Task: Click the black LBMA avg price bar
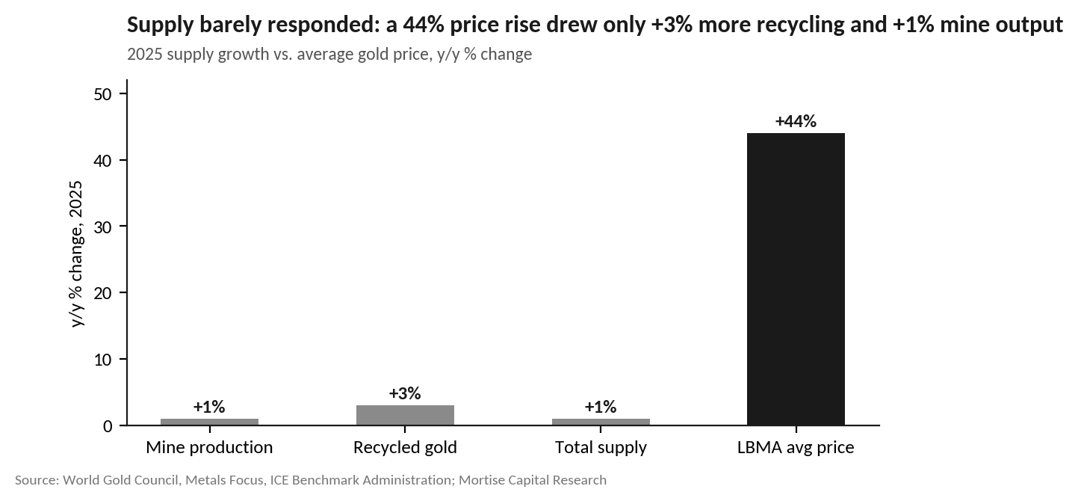pos(796,279)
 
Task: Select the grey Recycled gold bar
pos(405,415)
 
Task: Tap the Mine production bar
pos(209,422)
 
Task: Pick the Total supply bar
pos(601,422)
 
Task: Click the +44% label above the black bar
pos(796,121)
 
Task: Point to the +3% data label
pos(405,393)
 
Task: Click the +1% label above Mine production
pos(209,407)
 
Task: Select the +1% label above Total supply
pos(601,407)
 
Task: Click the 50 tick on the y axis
pos(102,94)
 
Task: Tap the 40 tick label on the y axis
pos(102,161)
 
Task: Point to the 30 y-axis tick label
pos(102,227)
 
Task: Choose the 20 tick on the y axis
pos(102,293)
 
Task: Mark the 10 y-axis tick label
pos(102,360)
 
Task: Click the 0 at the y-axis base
pos(108,426)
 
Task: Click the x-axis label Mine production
pos(209,447)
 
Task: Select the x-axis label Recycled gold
pos(405,447)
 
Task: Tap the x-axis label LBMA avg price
pos(796,447)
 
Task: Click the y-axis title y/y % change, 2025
pos(76,254)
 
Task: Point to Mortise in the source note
pos(480,480)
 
